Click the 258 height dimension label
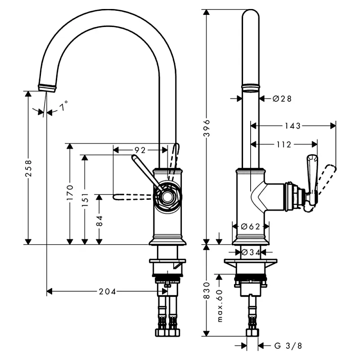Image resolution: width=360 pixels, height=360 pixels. click(28, 168)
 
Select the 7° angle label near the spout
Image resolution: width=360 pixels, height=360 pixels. click(63, 106)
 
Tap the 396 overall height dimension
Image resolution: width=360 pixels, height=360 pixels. click(207, 128)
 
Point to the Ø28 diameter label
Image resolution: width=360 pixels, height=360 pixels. click(282, 99)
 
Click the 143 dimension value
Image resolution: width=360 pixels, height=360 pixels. click(293, 126)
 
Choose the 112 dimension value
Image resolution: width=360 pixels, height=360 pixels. click(284, 144)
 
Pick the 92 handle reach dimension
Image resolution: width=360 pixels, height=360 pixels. click(140, 150)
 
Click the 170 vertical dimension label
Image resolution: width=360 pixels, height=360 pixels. click(70, 193)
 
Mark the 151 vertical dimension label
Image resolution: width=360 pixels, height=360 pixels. click(85, 199)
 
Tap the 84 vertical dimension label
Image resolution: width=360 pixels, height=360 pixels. click(99, 221)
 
